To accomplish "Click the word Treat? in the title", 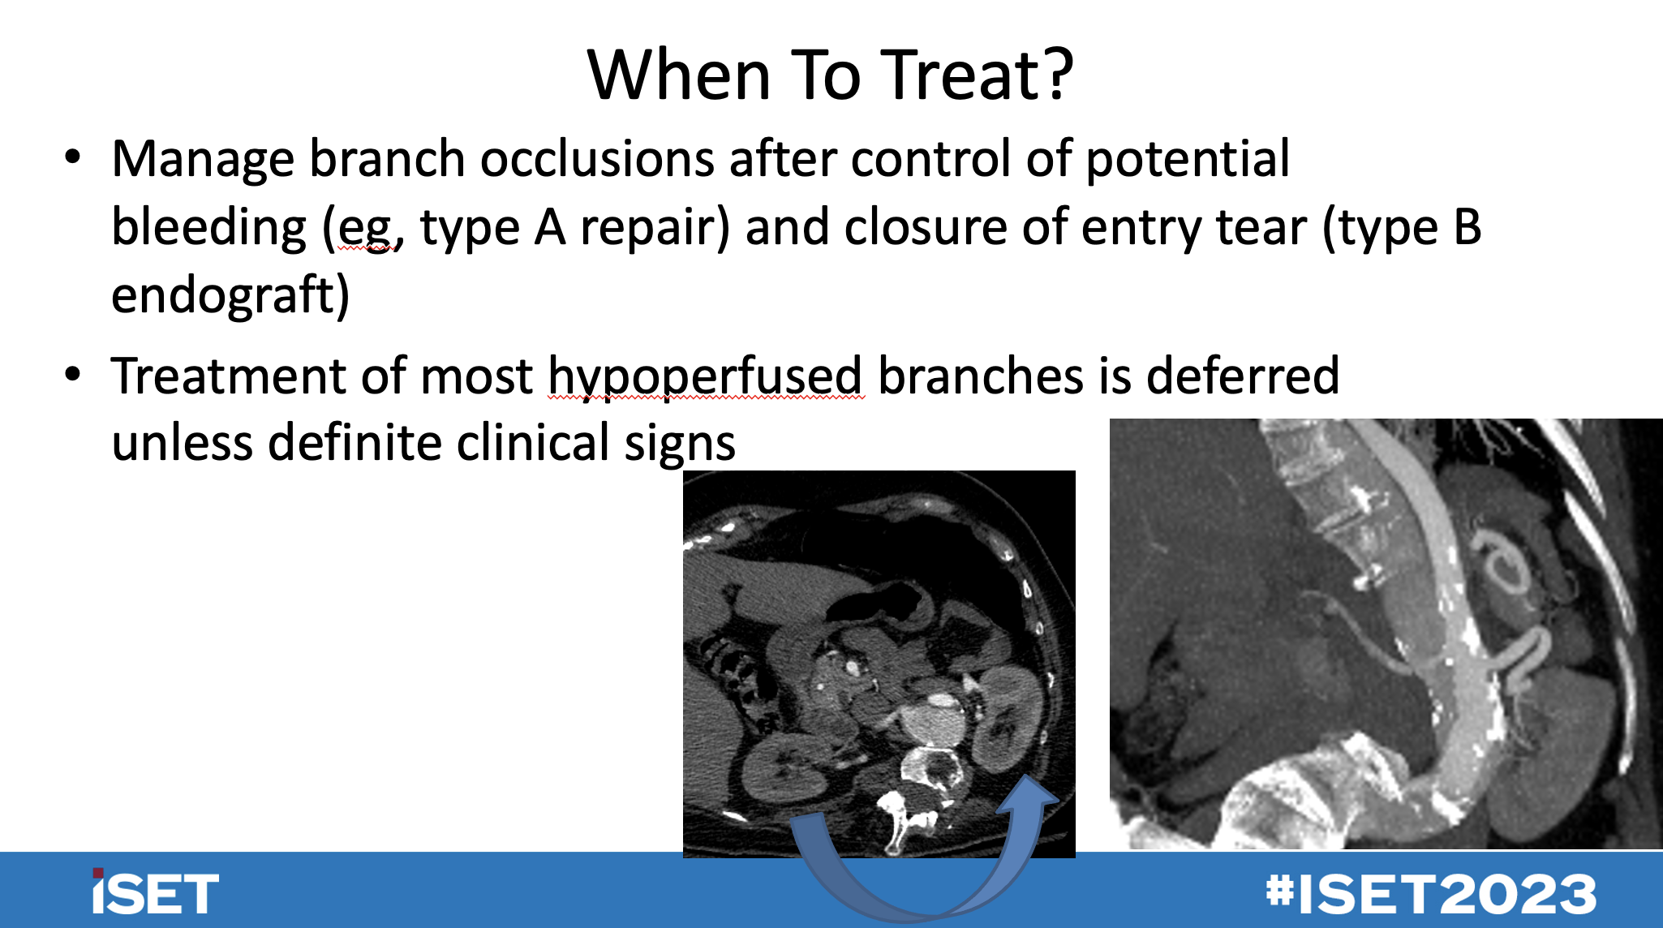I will pos(977,75).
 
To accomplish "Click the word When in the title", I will pos(678,75).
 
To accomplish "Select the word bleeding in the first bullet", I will pos(208,227).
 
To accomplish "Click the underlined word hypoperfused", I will pos(705,377).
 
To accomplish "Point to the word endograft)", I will pos(230,295).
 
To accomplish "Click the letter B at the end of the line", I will pos(1467,227).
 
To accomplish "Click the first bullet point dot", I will pos(73,157).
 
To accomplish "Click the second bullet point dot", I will pos(73,375).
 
